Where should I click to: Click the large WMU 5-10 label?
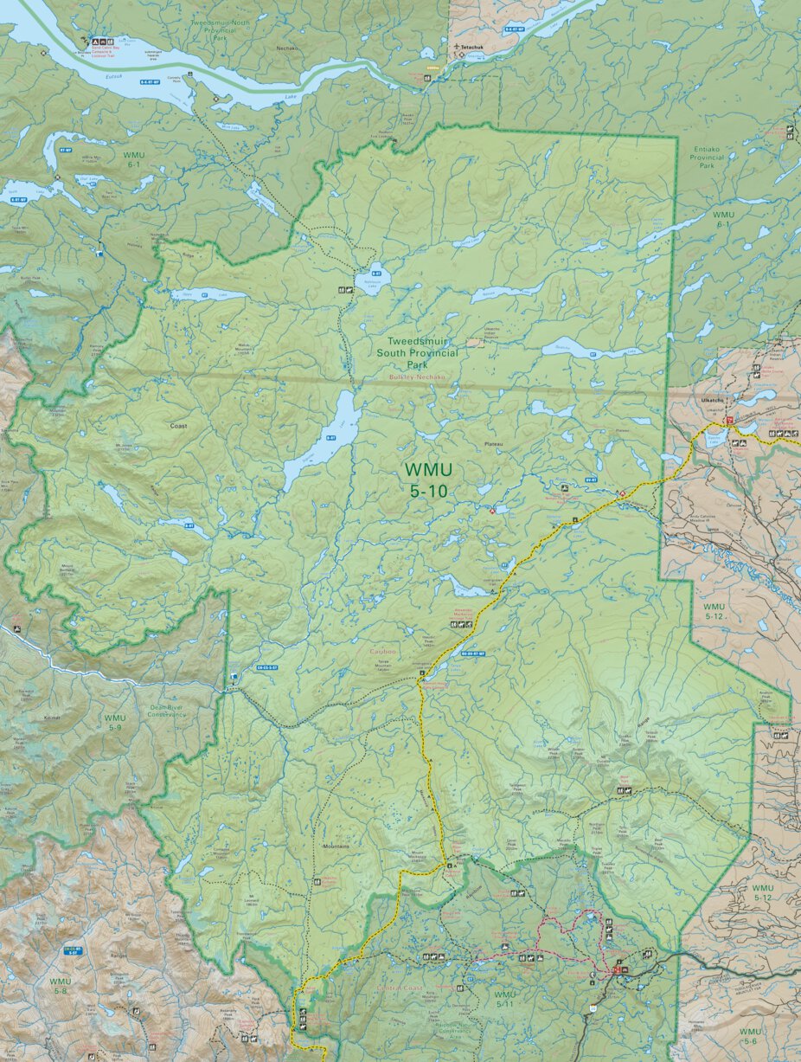[428, 478]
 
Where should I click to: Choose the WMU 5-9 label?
[114, 724]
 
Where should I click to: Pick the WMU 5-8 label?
[60, 987]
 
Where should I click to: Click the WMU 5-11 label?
[504, 1000]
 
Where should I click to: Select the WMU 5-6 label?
[750, 1037]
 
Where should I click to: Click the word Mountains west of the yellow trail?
[336, 846]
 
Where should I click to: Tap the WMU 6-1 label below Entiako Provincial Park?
[723, 219]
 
